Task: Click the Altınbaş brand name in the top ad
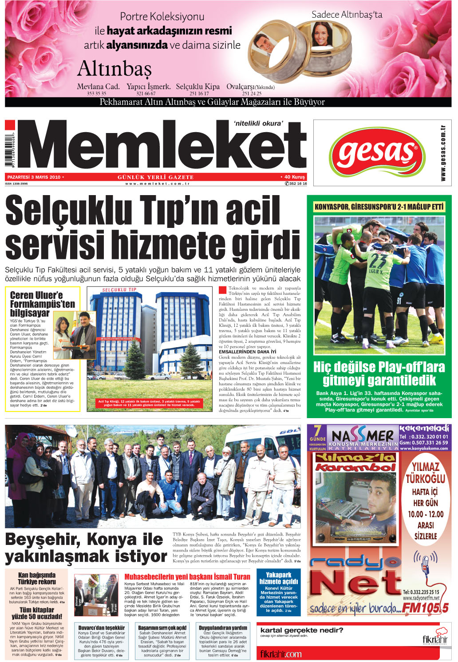click(x=114, y=69)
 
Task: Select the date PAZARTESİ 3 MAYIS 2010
click(x=34, y=177)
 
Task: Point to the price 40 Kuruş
click(x=294, y=177)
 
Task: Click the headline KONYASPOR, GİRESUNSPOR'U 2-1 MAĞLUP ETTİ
click(x=379, y=207)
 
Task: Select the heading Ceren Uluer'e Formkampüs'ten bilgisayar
click(x=43, y=304)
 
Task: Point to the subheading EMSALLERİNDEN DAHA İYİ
click(x=247, y=352)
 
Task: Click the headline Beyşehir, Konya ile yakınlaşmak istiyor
click(x=86, y=548)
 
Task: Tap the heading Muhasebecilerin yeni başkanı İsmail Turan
click(x=187, y=577)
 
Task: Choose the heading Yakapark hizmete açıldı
click(x=278, y=578)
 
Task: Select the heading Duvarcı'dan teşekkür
click(x=102, y=628)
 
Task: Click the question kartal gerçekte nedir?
click(x=302, y=630)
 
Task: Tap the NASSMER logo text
click(x=363, y=436)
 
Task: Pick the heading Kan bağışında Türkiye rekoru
click(x=37, y=578)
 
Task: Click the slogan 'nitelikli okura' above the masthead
click(x=258, y=123)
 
